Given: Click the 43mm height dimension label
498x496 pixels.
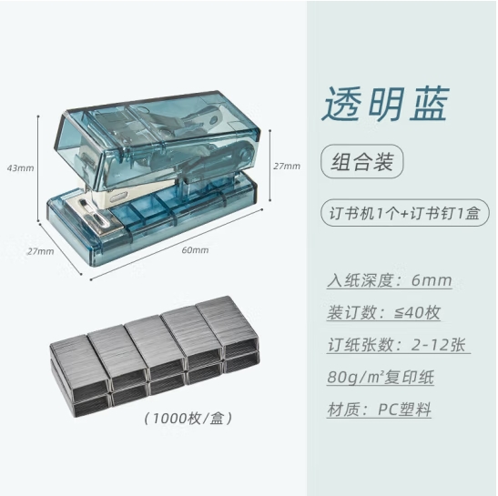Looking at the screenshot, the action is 20,168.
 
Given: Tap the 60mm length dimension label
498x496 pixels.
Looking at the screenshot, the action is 195,250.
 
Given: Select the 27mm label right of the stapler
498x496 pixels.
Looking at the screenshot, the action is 287,166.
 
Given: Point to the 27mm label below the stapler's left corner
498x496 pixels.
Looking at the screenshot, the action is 40,251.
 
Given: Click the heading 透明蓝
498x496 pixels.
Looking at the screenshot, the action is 385,104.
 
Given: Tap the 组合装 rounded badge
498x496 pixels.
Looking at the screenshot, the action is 362,161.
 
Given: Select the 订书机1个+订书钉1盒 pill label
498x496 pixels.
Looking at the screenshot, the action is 404,213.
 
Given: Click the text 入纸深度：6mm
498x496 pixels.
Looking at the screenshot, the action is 390,280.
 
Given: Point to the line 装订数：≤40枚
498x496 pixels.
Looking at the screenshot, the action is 383,312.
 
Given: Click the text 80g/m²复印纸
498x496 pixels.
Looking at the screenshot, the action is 381,377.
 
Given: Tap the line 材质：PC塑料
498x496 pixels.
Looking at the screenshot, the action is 380,410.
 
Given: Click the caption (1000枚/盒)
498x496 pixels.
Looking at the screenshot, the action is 188,419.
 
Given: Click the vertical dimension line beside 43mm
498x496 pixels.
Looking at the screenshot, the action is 38,168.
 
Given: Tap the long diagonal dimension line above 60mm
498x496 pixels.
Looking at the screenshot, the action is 177,244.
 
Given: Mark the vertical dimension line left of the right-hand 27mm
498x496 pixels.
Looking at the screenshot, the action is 270,165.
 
